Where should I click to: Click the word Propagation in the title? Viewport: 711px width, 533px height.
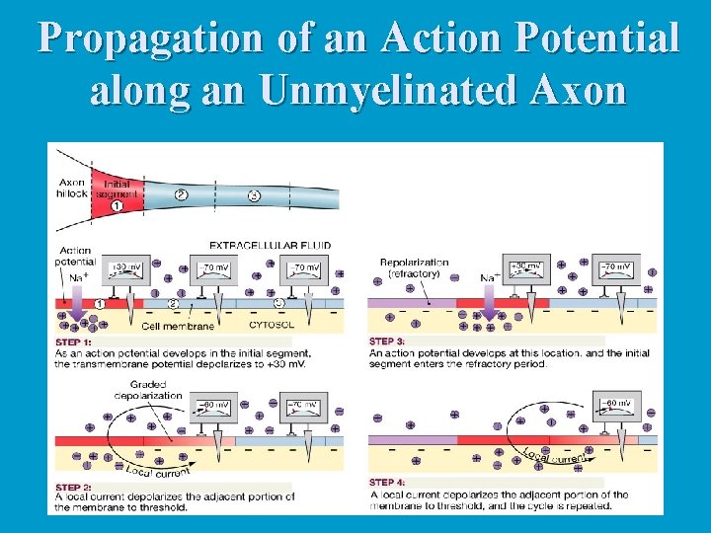point(150,38)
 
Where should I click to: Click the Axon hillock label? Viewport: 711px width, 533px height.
point(72,189)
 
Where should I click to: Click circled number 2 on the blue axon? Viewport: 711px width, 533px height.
point(181,195)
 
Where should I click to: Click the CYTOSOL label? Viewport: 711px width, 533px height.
point(268,324)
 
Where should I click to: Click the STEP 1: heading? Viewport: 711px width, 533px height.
point(74,342)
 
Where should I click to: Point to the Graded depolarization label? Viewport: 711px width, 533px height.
point(148,391)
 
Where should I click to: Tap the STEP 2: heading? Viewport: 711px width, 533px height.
point(74,487)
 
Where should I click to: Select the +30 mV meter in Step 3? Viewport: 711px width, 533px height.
point(528,268)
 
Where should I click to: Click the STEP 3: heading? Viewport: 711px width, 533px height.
point(388,342)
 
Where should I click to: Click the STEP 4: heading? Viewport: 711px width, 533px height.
point(389,483)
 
